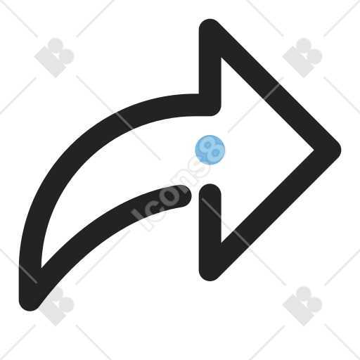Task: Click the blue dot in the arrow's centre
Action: tap(210, 150)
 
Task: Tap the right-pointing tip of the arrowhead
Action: tap(340, 150)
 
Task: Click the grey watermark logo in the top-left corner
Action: tap(54, 58)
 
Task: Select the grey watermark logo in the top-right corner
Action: tap(302, 58)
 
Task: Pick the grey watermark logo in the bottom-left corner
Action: tap(54, 306)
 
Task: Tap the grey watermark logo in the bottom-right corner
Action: tap(302, 306)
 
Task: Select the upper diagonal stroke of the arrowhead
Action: tap(274, 85)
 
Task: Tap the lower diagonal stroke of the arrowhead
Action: tap(274, 215)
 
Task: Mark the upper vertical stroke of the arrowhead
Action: tap(210, 68)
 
